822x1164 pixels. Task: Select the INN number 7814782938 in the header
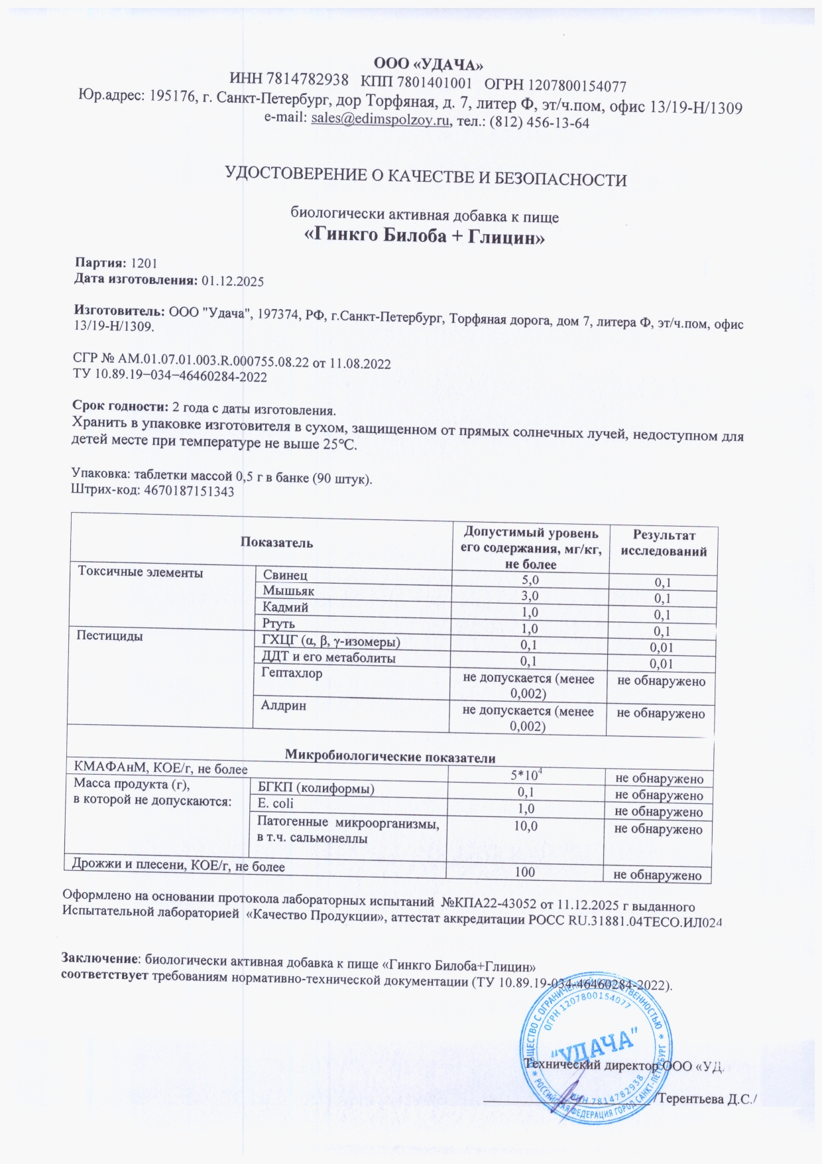point(307,81)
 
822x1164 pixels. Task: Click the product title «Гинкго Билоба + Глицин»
point(424,236)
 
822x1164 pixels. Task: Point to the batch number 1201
point(144,263)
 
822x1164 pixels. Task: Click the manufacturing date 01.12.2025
point(232,281)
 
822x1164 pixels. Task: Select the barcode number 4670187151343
point(189,491)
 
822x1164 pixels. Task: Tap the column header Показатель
point(276,543)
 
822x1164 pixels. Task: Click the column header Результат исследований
point(663,543)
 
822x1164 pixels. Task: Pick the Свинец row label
point(285,575)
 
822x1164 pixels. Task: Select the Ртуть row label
point(278,623)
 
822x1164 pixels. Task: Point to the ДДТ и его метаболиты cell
point(329,658)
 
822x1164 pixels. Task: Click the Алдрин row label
point(284,706)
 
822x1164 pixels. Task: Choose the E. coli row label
point(275,803)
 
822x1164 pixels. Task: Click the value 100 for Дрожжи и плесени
point(525,872)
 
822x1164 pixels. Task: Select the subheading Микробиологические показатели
point(390,757)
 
